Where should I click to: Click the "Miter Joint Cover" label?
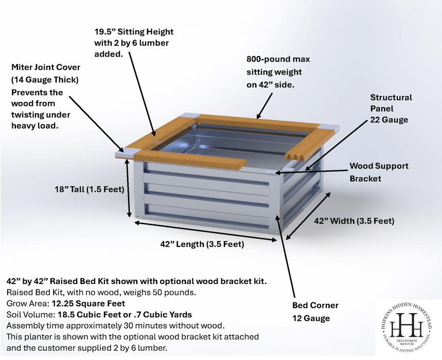pyautogui.click(x=46, y=67)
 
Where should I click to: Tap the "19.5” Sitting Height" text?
pyautogui.click(x=134, y=31)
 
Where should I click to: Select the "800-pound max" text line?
pyautogui.click(x=278, y=59)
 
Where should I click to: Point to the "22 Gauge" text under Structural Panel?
pyautogui.click(x=389, y=120)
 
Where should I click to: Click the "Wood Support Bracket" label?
pyautogui.click(x=379, y=172)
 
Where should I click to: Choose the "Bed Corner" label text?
pyautogui.click(x=315, y=305)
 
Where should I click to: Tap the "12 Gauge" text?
pyautogui.click(x=311, y=318)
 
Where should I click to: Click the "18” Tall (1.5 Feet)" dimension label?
pyautogui.click(x=90, y=189)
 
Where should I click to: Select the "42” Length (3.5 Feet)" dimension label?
pyautogui.click(x=202, y=244)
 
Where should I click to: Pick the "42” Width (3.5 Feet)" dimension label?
pyautogui.click(x=354, y=221)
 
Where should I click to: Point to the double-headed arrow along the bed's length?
pyautogui.click(x=205, y=231)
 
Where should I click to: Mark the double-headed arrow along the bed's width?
pyautogui.click(x=308, y=216)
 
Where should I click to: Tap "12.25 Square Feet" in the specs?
pyautogui.click(x=88, y=303)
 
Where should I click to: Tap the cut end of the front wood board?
pyautogui.click(x=243, y=165)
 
